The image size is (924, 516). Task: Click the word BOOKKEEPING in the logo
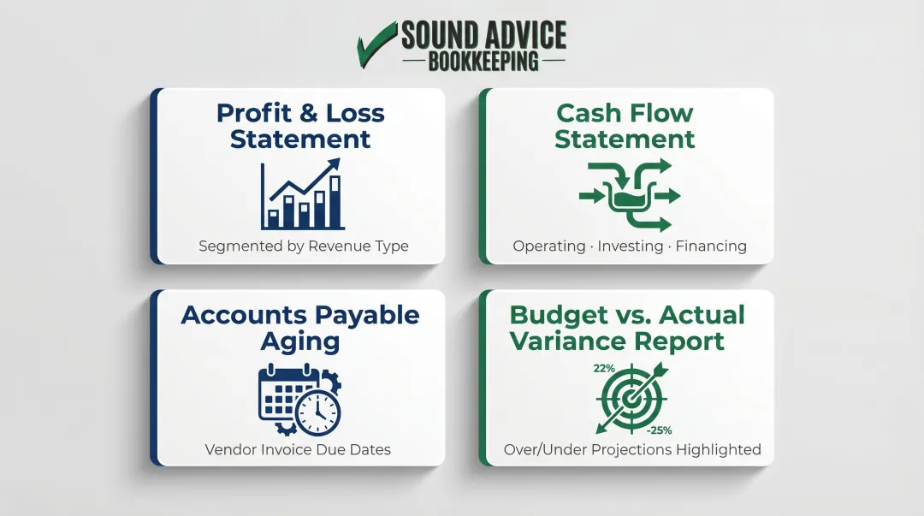click(x=483, y=62)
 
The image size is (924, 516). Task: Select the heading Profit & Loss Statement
click(x=300, y=126)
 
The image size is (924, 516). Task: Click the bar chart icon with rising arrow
click(x=302, y=195)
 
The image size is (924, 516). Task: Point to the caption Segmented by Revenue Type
click(x=304, y=246)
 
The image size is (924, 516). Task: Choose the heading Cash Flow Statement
click(x=625, y=126)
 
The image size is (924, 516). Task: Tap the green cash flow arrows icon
click(x=630, y=195)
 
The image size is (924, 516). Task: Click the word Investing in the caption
click(x=630, y=246)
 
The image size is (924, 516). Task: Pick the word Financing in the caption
click(x=710, y=246)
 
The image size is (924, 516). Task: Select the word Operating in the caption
click(x=549, y=246)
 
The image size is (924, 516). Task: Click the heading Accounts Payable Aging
click(x=300, y=328)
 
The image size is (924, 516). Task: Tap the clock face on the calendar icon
click(x=318, y=413)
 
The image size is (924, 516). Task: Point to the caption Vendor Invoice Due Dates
click(x=298, y=449)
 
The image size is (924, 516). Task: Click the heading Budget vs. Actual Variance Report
click(x=627, y=328)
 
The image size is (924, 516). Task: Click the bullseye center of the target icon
click(x=631, y=399)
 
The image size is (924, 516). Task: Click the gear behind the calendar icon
click(x=331, y=383)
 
